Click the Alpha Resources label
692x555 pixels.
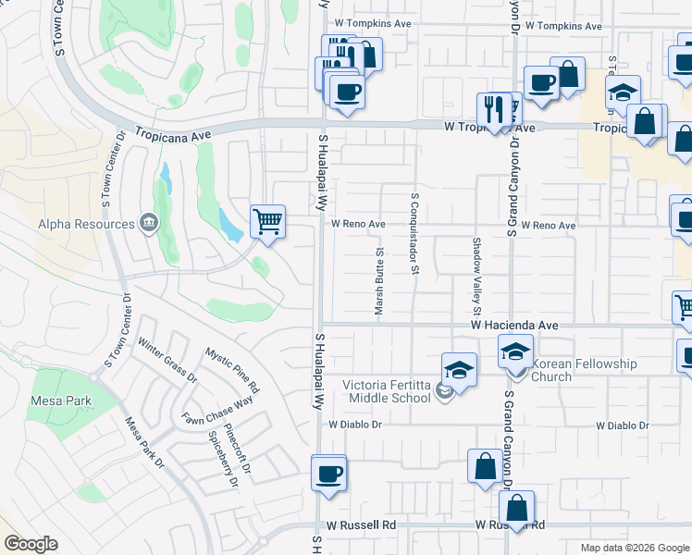(86, 223)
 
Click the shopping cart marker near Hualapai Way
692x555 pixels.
(267, 221)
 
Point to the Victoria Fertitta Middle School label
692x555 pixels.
(387, 391)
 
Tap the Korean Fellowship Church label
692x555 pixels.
(584, 370)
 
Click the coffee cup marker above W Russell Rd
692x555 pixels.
(329, 474)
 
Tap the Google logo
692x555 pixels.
(31, 544)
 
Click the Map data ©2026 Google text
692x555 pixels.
(634, 548)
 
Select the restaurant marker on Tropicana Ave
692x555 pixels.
(493, 110)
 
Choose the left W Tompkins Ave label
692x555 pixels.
(373, 23)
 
